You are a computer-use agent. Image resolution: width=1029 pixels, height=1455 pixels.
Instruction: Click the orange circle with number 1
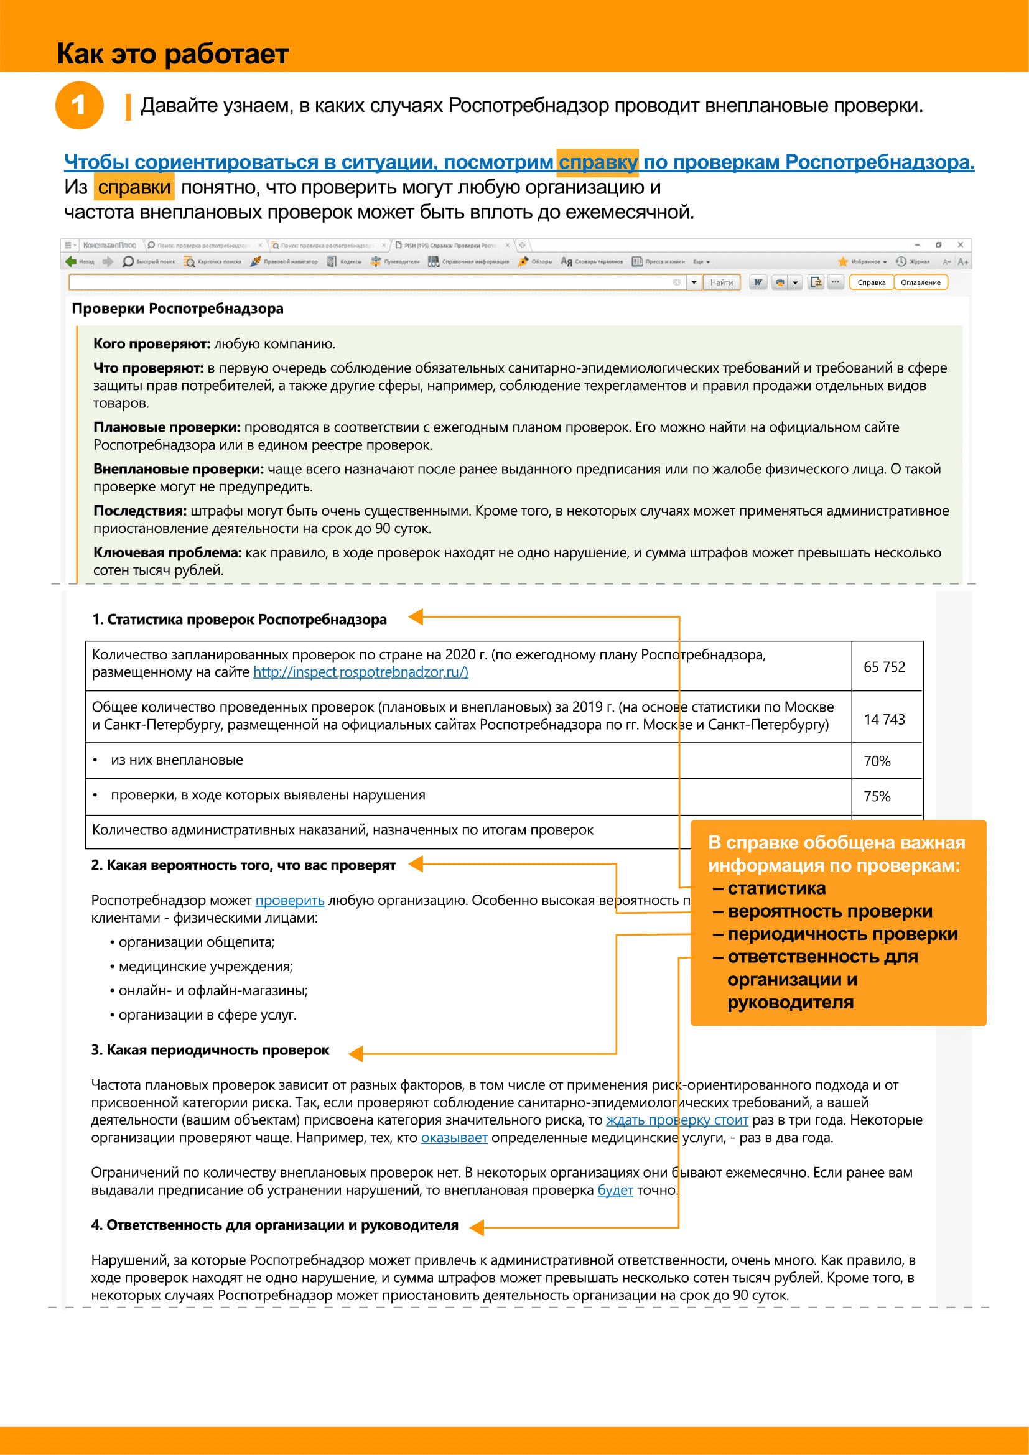(x=79, y=105)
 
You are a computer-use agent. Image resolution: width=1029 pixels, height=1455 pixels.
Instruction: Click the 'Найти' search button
(x=721, y=282)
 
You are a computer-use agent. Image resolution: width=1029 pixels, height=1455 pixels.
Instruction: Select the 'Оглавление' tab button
(x=920, y=282)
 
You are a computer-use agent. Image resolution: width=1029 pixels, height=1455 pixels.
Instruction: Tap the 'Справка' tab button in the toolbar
(x=871, y=282)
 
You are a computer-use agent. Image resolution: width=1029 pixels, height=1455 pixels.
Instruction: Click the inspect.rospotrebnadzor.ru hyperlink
(x=361, y=672)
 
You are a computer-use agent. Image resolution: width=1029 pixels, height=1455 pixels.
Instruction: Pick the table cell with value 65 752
(x=884, y=667)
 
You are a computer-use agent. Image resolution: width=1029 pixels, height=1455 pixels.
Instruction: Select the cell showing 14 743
(x=884, y=719)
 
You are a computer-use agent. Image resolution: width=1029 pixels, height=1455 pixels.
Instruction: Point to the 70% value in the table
(x=877, y=761)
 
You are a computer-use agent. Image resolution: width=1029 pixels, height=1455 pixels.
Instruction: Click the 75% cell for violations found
(x=877, y=797)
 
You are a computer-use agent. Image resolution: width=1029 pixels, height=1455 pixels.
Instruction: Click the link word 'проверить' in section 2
(x=289, y=901)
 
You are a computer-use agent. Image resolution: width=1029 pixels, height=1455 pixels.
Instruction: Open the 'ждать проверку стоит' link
(x=677, y=1120)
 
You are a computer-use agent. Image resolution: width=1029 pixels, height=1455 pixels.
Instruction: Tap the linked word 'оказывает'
(x=454, y=1138)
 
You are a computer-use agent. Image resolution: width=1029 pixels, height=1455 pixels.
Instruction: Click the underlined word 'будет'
(x=615, y=1190)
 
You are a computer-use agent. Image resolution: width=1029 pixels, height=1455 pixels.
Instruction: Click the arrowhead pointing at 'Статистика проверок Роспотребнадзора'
(x=416, y=616)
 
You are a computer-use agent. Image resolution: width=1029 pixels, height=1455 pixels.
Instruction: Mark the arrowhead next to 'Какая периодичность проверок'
(x=356, y=1053)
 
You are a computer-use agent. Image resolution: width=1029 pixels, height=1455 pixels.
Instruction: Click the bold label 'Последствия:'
(x=140, y=511)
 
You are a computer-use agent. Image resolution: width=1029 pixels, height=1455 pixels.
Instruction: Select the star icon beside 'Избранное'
(x=843, y=262)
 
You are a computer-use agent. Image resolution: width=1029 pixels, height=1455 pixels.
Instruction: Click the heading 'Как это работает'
(x=173, y=54)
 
